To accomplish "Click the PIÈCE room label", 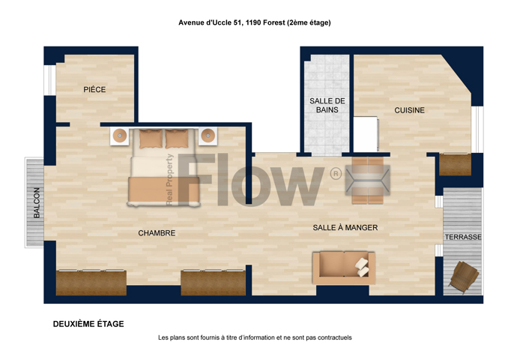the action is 94,89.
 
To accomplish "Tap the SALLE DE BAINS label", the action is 327,106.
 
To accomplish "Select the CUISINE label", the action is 410,110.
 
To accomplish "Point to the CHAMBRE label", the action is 157,232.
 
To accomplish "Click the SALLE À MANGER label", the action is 345,228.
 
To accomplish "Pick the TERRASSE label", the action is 463,237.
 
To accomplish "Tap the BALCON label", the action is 37,202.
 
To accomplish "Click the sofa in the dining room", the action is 344,268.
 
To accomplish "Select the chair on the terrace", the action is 464,277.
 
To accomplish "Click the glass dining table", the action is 368,180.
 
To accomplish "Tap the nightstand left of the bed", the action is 120,136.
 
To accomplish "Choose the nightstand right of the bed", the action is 208,136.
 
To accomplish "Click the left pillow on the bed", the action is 151,139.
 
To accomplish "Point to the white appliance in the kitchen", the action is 366,134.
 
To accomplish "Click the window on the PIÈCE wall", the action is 50,80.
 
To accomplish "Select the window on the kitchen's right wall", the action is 477,129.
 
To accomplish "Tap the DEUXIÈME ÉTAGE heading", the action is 88,324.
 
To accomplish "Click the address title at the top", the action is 255,22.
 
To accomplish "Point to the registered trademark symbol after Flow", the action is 336,174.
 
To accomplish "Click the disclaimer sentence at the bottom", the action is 255,337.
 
